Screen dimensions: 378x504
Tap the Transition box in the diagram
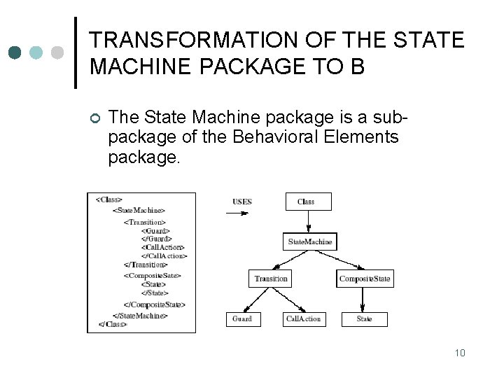point(271,279)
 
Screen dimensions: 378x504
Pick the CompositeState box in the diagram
point(364,279)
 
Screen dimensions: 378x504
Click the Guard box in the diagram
point(242,319)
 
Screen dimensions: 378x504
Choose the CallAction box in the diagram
point(303,319)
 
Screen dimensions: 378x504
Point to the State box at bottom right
point(364,319)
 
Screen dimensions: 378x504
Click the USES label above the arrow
point(242,202)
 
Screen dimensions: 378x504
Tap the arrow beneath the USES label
point(242,213)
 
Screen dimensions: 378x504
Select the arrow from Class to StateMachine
point(308,222)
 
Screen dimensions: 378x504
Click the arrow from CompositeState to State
point(364,299)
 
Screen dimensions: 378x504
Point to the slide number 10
point(460,352)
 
